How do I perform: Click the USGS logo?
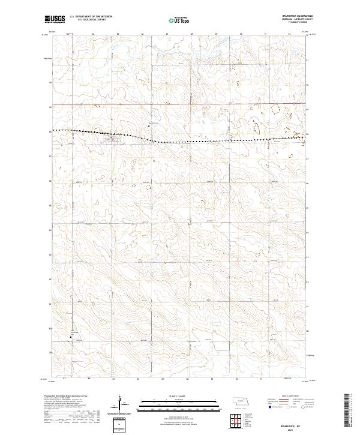point(54,19)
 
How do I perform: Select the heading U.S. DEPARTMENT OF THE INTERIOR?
point(91,16)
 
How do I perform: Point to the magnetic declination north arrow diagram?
point(121,402)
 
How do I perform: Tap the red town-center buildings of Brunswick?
point(112,140)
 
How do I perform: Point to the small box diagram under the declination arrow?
point(121,424)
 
